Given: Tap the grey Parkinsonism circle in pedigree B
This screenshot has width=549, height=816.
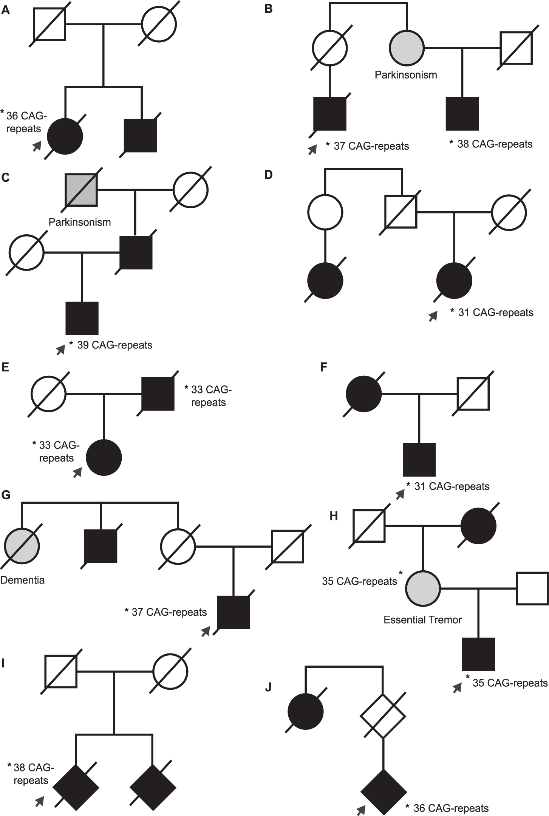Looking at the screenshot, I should (x=407, y=48).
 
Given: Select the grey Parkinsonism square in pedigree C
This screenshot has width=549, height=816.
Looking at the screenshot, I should (x=82, y=190).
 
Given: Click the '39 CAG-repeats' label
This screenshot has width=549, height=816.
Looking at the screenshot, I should (x=114, y=345).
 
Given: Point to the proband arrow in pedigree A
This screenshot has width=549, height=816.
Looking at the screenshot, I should (x=36, y=146).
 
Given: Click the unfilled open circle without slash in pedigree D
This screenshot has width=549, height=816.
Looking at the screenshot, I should (x=325, y=212).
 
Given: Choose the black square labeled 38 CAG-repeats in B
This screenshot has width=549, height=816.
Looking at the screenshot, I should (x=462, y=114).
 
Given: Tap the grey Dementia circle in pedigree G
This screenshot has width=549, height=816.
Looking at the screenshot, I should (x=22, y=546).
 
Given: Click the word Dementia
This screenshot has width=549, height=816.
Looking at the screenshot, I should (x=22, y=580).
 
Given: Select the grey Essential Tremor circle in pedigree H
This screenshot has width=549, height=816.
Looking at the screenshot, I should (x=423, y=588).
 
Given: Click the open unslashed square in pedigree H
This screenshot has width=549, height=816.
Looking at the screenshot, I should (x=532, y=588).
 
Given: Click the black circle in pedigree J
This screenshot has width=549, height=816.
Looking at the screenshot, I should (x=306, y=711).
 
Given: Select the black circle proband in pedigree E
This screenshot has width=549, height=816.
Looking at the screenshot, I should (x=104, y=458).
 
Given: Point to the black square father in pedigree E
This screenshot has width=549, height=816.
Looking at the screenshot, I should (x=158, y=394).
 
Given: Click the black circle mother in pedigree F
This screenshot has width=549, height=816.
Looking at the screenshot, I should (x=363, y=394).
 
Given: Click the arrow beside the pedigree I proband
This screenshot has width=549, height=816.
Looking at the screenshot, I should (x=40, y=801).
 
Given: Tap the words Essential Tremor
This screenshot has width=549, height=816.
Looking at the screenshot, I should (x=422, y=620).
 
